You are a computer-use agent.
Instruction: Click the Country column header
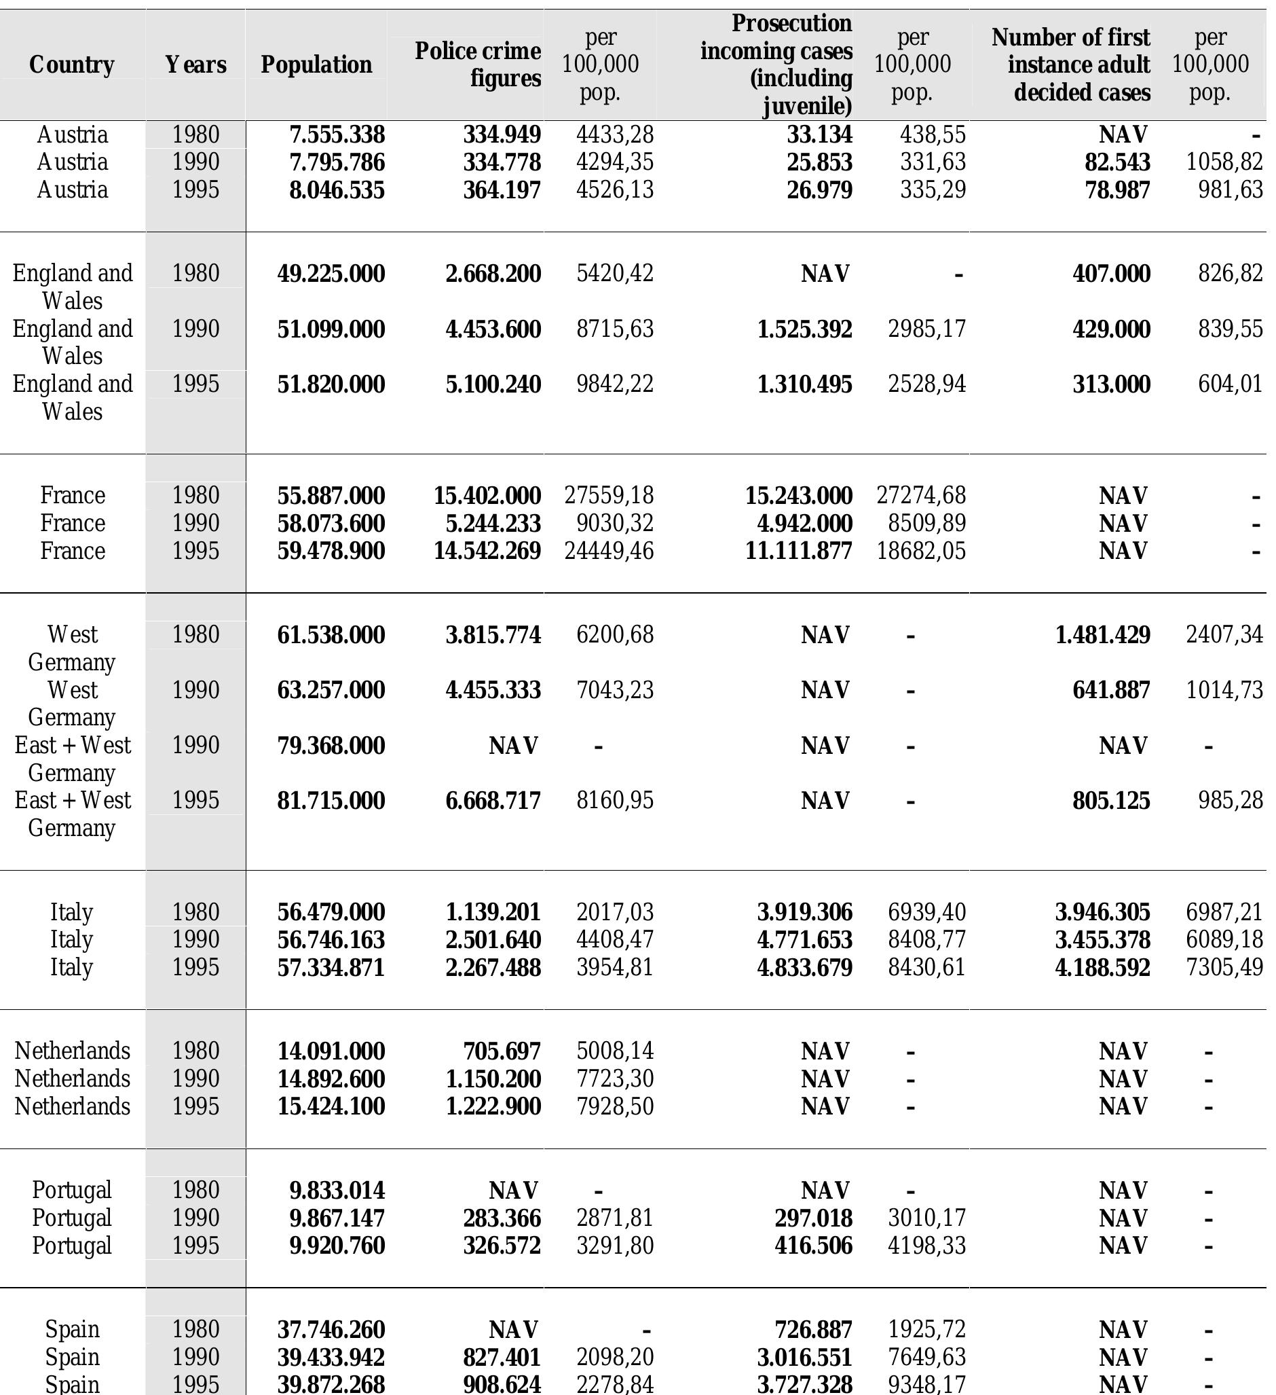click(x=72, y=65)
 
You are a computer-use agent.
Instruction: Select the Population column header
click(x=316, y=65)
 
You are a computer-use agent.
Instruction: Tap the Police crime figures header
click(x=478, y=65)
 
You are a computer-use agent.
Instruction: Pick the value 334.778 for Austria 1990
click(x=502, y=162)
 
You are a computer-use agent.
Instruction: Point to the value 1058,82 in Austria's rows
click(x=1224, y=162)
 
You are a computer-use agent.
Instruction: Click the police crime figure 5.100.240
click(x=493, y=384)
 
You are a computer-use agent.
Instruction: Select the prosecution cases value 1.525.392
click(x=804, y=329)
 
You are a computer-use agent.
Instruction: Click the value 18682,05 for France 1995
click(x=921, y=551)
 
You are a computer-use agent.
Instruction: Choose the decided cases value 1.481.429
click(x=1102, y=634)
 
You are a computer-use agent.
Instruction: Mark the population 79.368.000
click(x=331, y=745)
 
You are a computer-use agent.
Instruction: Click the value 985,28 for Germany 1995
click(x=1231, y=801)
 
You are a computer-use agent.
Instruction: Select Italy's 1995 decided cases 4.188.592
click(x=1102, y=967)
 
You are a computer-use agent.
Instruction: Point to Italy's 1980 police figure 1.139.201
click(x=493, y=912)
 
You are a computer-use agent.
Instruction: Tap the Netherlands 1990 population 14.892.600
click(x=331, y=1079)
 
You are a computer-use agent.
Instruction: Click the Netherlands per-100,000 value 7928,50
click(x=615, y=1106)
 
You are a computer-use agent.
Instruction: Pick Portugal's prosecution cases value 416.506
click(x=813, y=1246)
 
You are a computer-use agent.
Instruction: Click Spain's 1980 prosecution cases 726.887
click(x=813, y=1329)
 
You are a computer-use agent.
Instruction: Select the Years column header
click(x=195, y=65)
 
